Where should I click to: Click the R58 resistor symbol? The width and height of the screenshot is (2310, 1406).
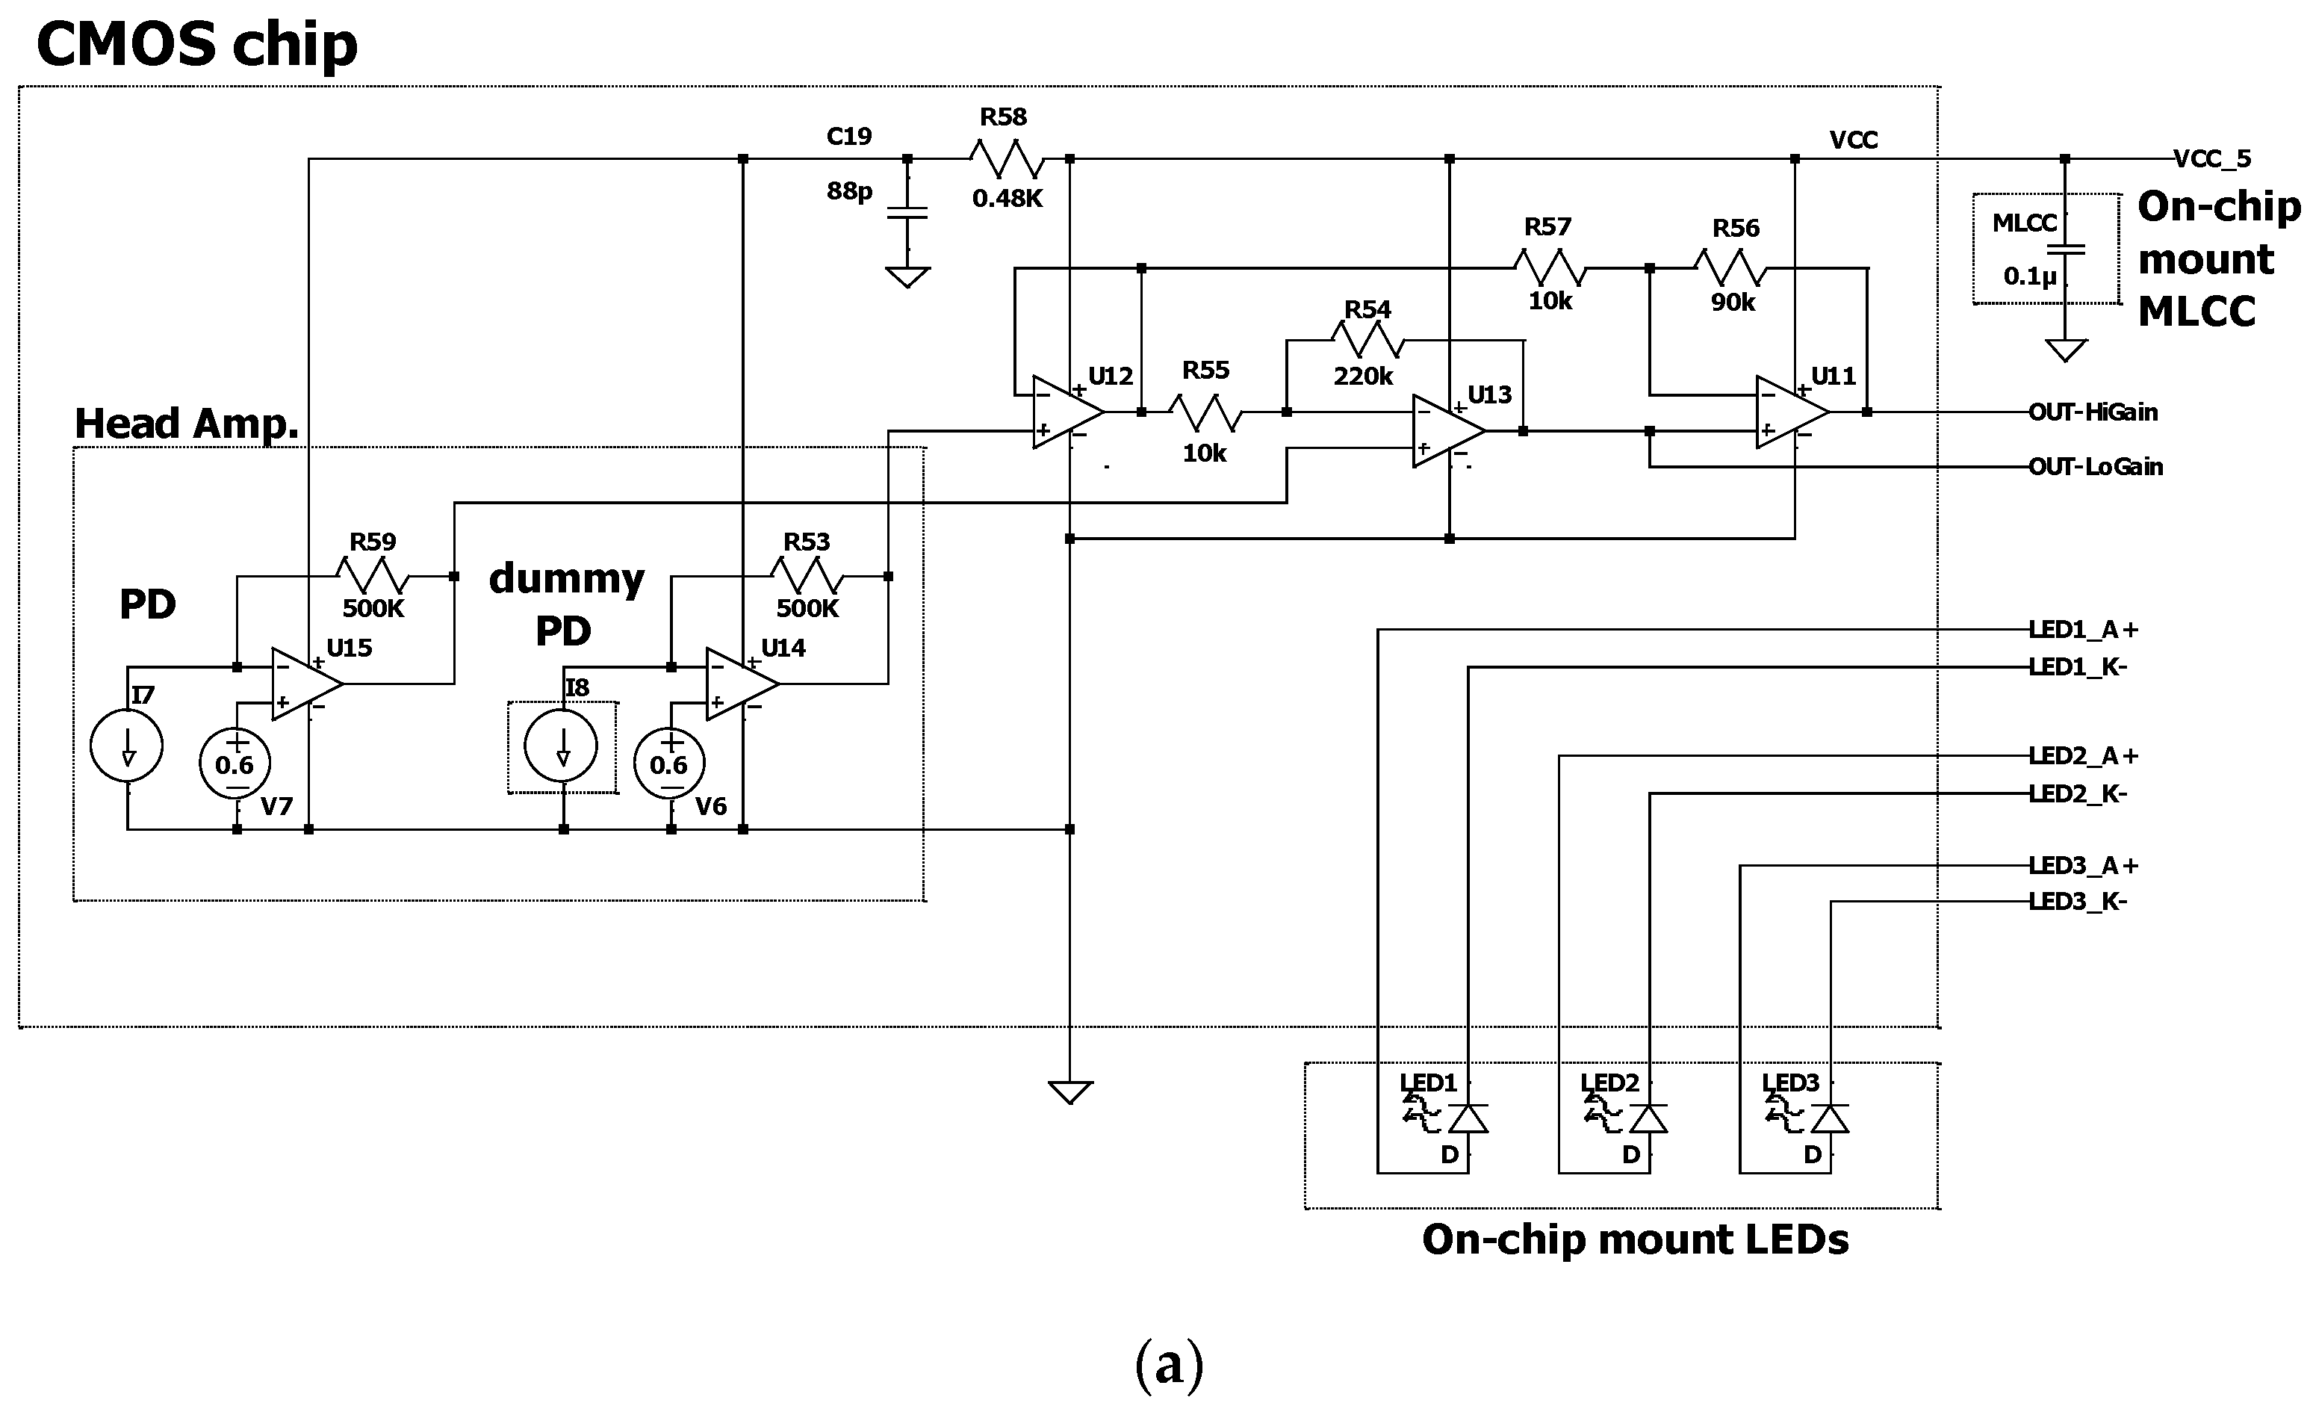[1006, 158]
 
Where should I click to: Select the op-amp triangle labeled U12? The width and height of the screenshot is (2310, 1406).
[1064, 412]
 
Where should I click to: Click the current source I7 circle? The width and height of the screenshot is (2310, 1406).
[126, 746]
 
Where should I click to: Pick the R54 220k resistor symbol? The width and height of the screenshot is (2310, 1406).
[1367, 339]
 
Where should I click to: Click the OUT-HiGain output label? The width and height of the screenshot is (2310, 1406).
[2093, 412]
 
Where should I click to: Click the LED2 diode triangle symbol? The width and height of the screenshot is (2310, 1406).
[1648, 1119]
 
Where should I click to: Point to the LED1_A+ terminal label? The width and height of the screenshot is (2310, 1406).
[2082, 629]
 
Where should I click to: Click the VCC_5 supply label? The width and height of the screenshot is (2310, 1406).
[2211, 158]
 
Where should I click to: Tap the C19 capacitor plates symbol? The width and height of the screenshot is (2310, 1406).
[907, 213]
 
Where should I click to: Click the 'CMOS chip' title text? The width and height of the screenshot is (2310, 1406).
[197, 44]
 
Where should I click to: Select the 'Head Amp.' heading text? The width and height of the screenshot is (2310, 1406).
[187, 424]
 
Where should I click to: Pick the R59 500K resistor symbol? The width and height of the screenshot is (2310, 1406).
[372, 575]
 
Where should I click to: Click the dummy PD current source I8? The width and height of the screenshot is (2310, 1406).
[562, 746]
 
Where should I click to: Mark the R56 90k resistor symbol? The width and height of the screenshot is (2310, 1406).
[1730, 268]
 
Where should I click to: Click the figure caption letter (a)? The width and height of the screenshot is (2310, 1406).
[1168, 1365]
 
